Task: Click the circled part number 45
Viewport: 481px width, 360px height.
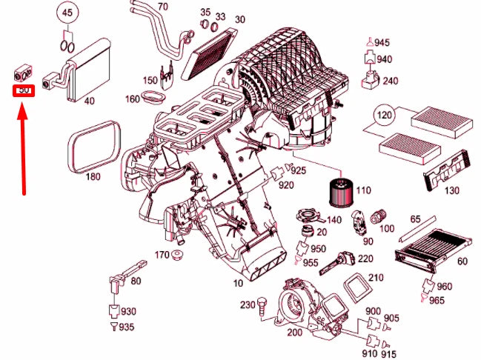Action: coord(67,13)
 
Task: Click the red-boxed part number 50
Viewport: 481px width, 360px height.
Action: coord(23,90)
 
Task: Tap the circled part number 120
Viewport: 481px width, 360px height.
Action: coord(382,116)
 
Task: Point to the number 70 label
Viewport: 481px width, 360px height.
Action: coord(162,7)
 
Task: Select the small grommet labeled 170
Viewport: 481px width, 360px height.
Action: coord(178,257)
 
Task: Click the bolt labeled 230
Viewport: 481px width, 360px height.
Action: coord(262,305)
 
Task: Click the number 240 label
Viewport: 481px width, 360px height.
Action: coord(390,81)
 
